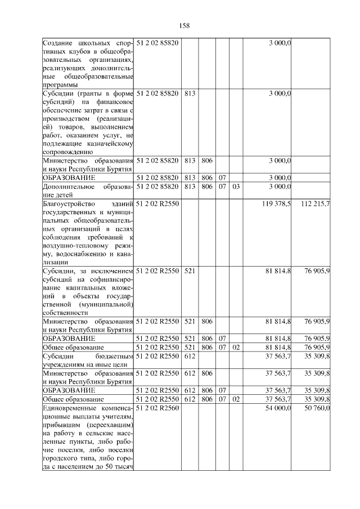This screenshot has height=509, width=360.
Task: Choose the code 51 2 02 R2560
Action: pyautogui.click(x=157, y=408)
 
